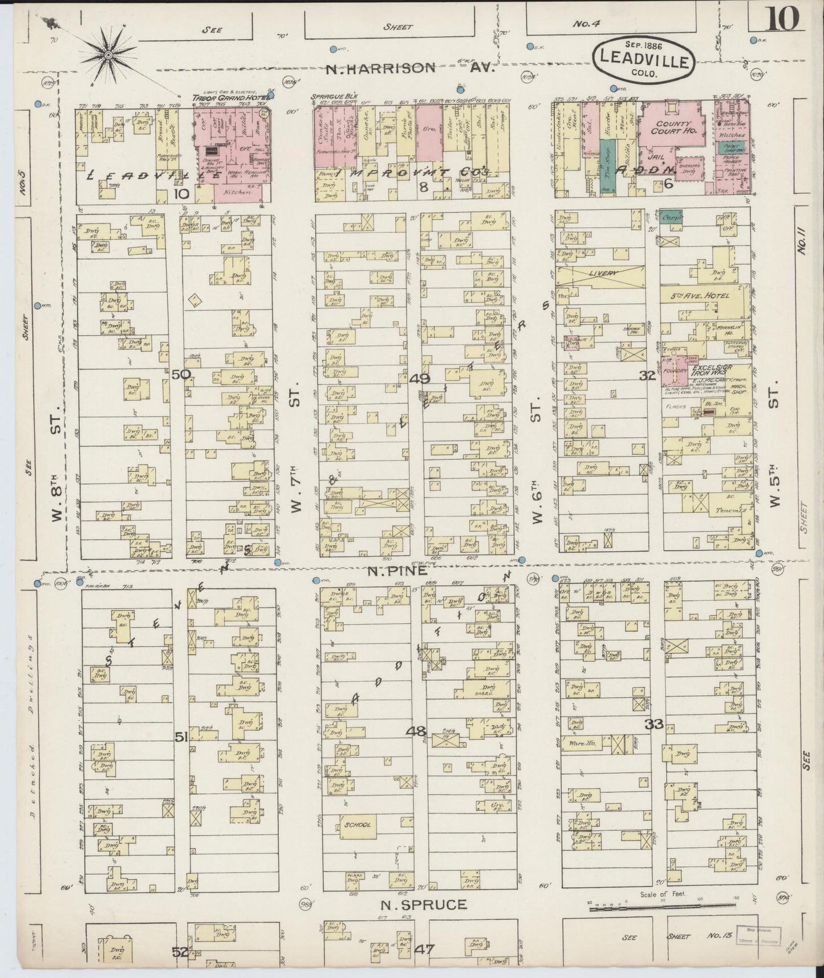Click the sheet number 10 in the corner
click(783, 20)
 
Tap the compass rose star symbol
click(108, 55)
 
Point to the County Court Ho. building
click(673, 127)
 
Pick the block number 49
click(420, 378)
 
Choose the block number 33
click(655, 725)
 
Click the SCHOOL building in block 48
click(357, 825)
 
